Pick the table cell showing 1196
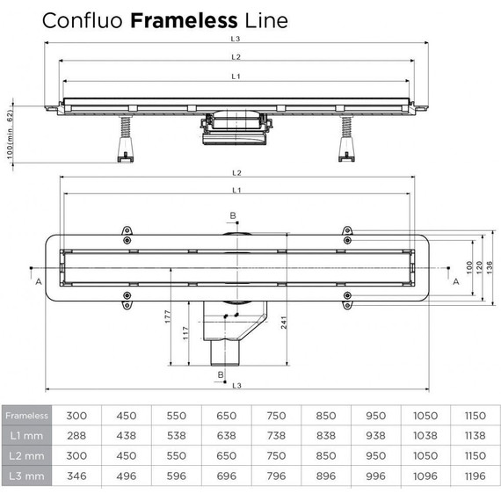(x=476, y=476)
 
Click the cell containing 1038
(x=426, y=435)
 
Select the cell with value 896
(x=328, y=476)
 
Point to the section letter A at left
(x=38, y=281)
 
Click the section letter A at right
(x=455, y=281)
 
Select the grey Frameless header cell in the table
(x=27, y=415)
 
